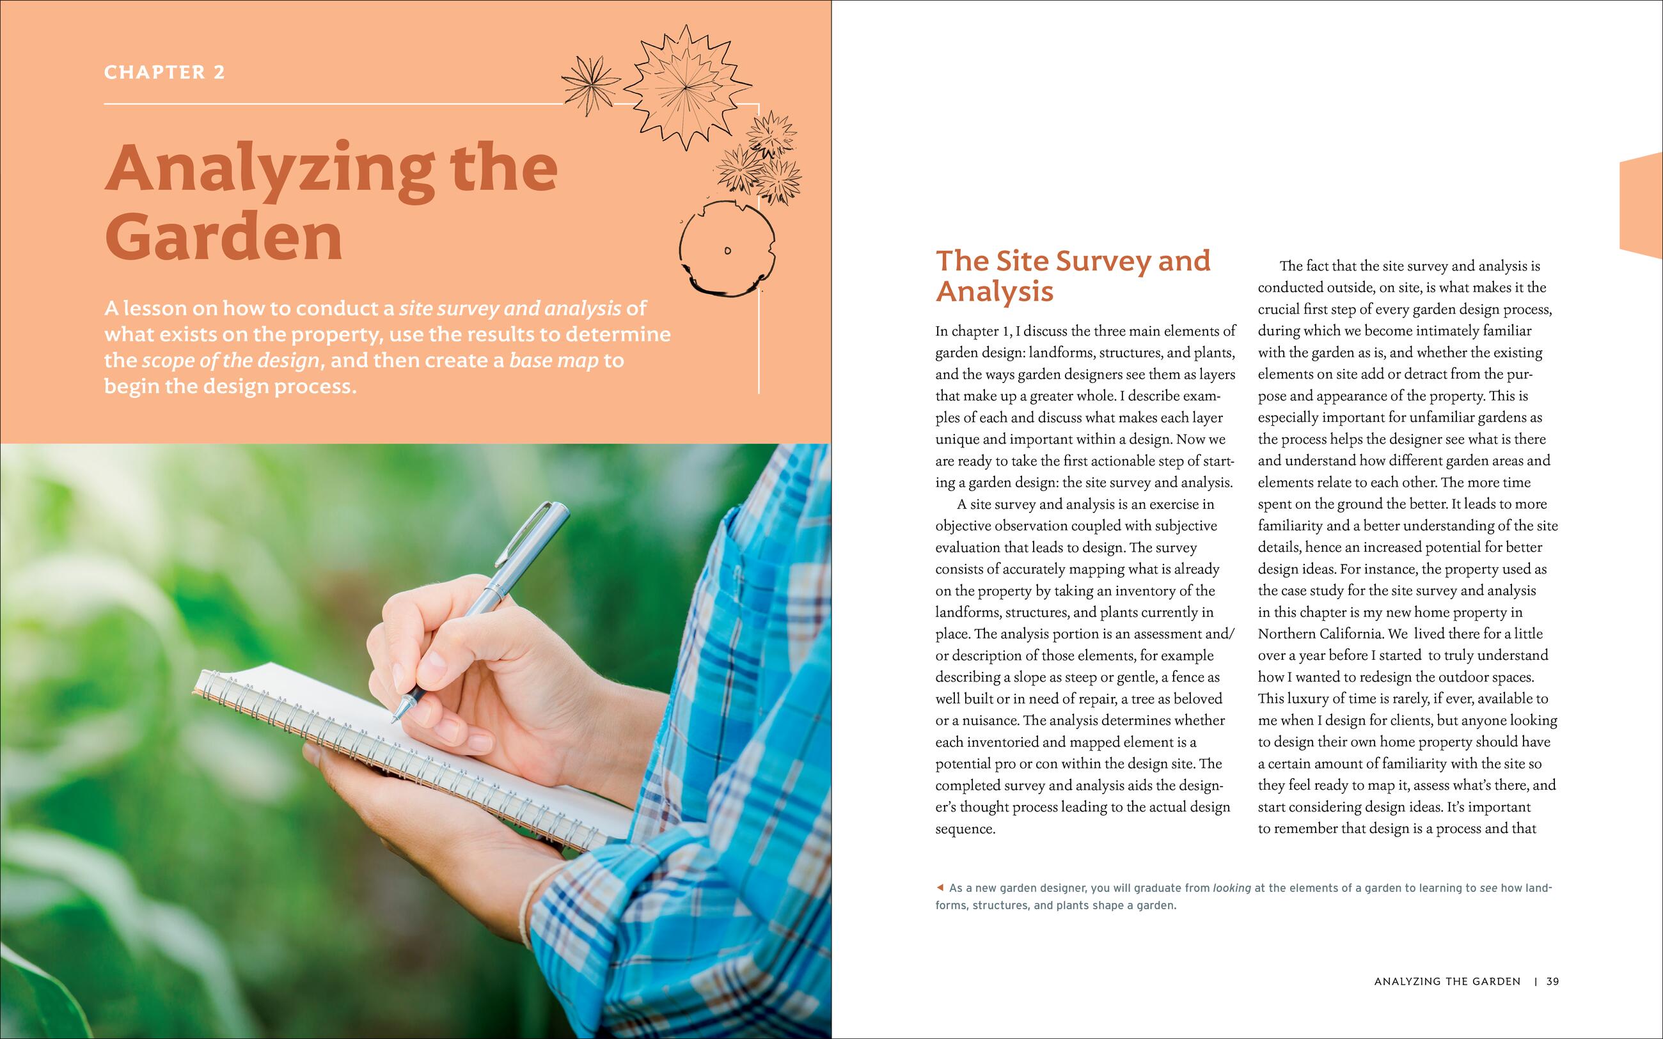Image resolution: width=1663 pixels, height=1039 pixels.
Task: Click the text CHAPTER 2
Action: pyautogui.click(x=164, y=72)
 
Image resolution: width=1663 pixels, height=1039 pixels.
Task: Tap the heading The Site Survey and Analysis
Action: pyautogui.click(x=1072, y=276)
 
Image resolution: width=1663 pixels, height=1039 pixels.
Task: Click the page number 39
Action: pyautogui.click(x=1552, y=982)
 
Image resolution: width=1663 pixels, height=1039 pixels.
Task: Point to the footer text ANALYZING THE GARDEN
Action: pyautogui.click(x=1447, y=982)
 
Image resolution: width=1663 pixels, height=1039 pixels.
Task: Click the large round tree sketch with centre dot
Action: pyautogui.click(x=727, y=249)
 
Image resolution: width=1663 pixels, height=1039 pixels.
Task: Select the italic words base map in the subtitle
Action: pyautogui.click(x=553, y=361)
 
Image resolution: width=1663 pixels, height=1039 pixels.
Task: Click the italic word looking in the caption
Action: pyautogui.click(x=1231, y=888)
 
